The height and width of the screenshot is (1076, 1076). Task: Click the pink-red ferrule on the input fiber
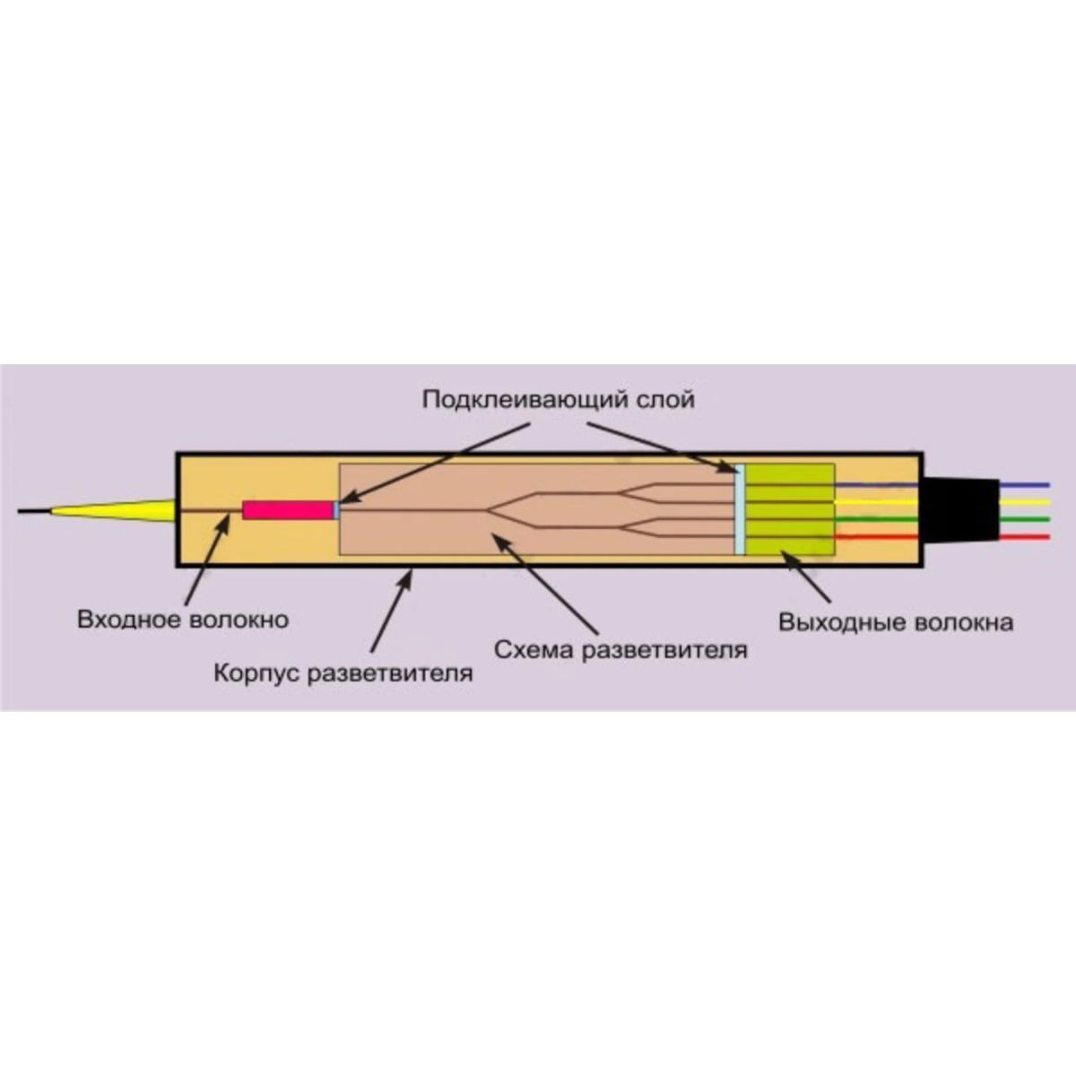[x=287, y=509]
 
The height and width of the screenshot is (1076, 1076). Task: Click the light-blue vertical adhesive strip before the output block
[x=739, y=511]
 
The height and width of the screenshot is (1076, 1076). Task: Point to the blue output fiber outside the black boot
[x=1024, y=485]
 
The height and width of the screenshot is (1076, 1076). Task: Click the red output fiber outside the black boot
[x=1024, y=537]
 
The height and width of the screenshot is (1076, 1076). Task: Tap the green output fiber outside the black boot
[x=1024, y=520]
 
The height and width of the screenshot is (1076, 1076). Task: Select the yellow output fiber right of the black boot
[x=1024, y=502]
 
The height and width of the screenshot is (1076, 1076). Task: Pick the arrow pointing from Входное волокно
[x=205, y=560]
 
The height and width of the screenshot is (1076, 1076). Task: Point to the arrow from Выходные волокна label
[x=805, y=577]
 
